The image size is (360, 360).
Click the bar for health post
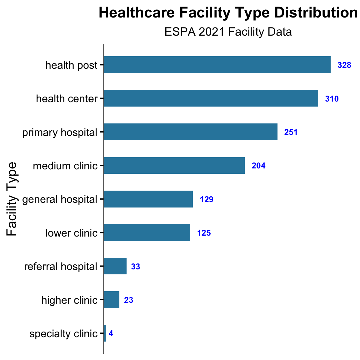pos(217,65)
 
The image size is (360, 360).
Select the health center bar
pos(211,98)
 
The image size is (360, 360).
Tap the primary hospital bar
pos(190,132)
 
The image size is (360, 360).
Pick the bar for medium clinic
pos(174,165)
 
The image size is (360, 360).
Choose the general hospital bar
pos(148,199)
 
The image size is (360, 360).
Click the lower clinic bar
pos(147,232)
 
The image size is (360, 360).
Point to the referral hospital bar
pos(115,266)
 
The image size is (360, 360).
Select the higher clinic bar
pos(112,300)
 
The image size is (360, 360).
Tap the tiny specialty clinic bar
pos(105,333)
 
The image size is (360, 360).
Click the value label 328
pos(344,65)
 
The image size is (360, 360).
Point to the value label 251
pos(291,132)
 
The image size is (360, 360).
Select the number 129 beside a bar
pos(207,199)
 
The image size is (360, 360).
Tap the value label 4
pos(111,334)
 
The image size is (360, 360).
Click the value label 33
pos(135,267)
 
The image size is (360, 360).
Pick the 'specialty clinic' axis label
pos(63,334)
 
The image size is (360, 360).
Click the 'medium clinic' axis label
pos(65,166)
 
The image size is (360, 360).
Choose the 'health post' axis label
pos(71,65)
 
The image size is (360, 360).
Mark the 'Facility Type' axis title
pos(12,199)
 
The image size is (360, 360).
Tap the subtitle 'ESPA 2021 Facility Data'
pos(228,32)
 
